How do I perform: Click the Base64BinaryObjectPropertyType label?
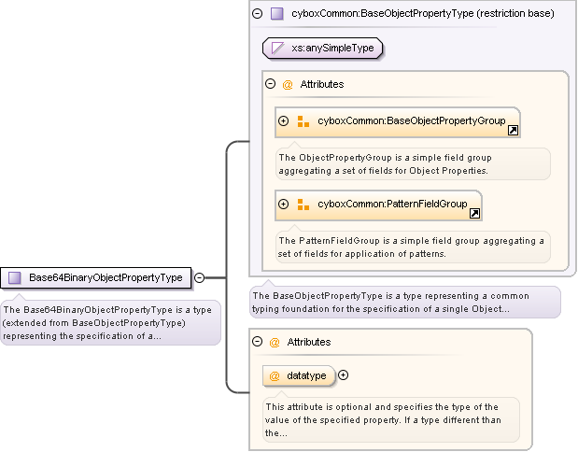point(106,277)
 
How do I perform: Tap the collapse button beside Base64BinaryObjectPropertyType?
point(200,277)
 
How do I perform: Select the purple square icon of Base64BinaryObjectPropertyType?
point(15,277)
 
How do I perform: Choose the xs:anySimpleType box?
point(323,48)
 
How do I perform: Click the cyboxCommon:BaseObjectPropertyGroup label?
point(411,120)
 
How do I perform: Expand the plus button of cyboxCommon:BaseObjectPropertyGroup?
point(284,121)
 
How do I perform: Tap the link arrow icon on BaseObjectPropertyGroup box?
point(513,131)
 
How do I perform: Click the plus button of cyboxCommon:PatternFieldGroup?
point(284,205)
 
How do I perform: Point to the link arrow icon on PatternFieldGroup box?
point(474,214)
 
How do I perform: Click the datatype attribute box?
point(298,375)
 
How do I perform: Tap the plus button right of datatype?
point(343,375)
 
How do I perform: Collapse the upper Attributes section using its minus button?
point(271,84)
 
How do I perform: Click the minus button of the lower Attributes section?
point(258,342)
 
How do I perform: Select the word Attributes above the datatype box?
point(308,342)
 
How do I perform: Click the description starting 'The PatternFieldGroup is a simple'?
point(411,247)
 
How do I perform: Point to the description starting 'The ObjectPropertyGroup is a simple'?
point(411,163)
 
